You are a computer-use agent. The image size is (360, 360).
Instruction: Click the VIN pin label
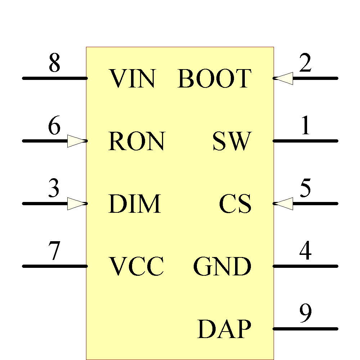pos(132,78)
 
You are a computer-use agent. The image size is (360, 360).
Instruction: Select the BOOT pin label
pos(214,78)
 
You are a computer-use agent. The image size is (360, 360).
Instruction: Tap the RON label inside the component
pos(136,141)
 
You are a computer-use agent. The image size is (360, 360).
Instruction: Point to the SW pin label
pos(231,141)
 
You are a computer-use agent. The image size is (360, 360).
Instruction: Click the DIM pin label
pos(134,204)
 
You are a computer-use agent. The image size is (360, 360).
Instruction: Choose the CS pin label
pos(235,204)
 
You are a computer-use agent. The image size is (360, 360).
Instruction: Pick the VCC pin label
pos(136,266)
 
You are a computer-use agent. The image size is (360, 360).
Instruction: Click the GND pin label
pos(222,266)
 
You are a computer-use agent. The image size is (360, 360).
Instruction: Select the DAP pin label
pos(224,329)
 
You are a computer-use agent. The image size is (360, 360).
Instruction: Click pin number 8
pos(54,63)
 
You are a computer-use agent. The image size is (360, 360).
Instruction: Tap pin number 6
pos(54,126)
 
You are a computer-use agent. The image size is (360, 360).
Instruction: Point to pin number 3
pos(54,189)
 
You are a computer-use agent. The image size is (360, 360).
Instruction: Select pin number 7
pos(54,251)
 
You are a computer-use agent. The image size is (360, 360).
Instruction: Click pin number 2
pos(305,63)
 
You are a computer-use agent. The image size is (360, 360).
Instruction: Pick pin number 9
pos(305,314)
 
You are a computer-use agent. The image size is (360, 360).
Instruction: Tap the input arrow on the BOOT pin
pos(283,78)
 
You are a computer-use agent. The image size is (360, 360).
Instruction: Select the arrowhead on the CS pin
pos(283,204)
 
